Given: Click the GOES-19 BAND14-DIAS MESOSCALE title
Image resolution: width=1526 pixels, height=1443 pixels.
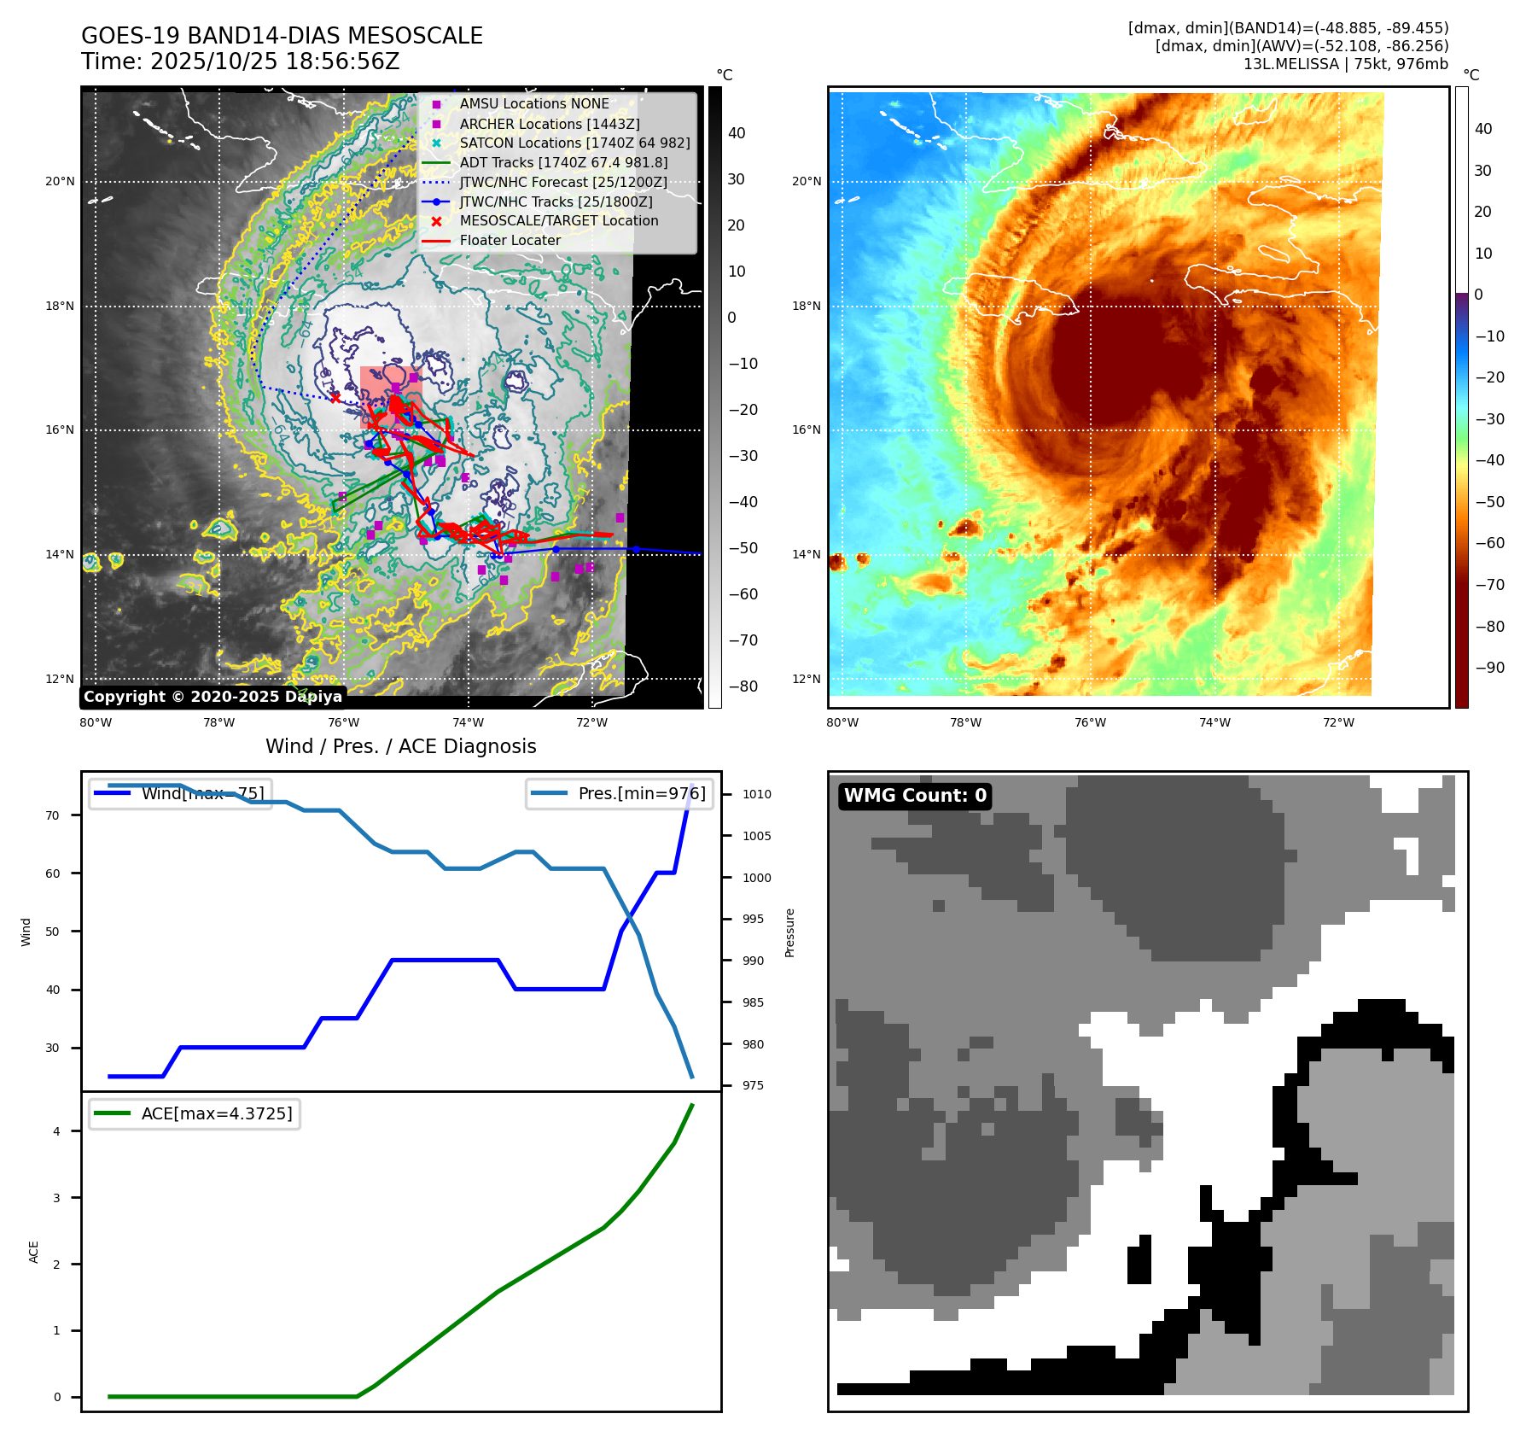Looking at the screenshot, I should coord(282,36).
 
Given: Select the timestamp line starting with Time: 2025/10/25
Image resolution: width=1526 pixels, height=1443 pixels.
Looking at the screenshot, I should coord(240,61).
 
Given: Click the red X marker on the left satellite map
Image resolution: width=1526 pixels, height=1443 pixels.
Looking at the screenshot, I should coord(335,398).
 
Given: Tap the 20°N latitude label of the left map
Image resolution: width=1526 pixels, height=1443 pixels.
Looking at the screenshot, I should coord(60,181).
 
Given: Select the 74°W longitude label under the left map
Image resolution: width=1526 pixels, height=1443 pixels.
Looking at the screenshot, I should coord(468,722).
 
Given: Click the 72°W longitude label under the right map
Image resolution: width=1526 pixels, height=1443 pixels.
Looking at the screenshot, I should coord(1338,722).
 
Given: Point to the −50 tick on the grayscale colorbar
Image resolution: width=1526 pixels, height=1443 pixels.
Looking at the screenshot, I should coord(743,548).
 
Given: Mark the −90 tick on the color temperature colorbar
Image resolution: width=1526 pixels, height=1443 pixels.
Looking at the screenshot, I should coord(1489,668).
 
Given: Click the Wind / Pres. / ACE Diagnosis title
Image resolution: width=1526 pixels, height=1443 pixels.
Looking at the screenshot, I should coord(400,746).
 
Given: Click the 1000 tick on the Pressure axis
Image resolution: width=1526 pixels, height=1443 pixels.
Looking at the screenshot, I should coord(756,878).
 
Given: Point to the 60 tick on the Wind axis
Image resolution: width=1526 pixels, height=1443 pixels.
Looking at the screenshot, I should coord(53,873).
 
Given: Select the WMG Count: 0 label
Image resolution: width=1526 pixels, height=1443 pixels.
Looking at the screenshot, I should coord(915,796).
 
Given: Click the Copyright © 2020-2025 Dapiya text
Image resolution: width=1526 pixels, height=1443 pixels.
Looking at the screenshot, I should coord(213,697).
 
